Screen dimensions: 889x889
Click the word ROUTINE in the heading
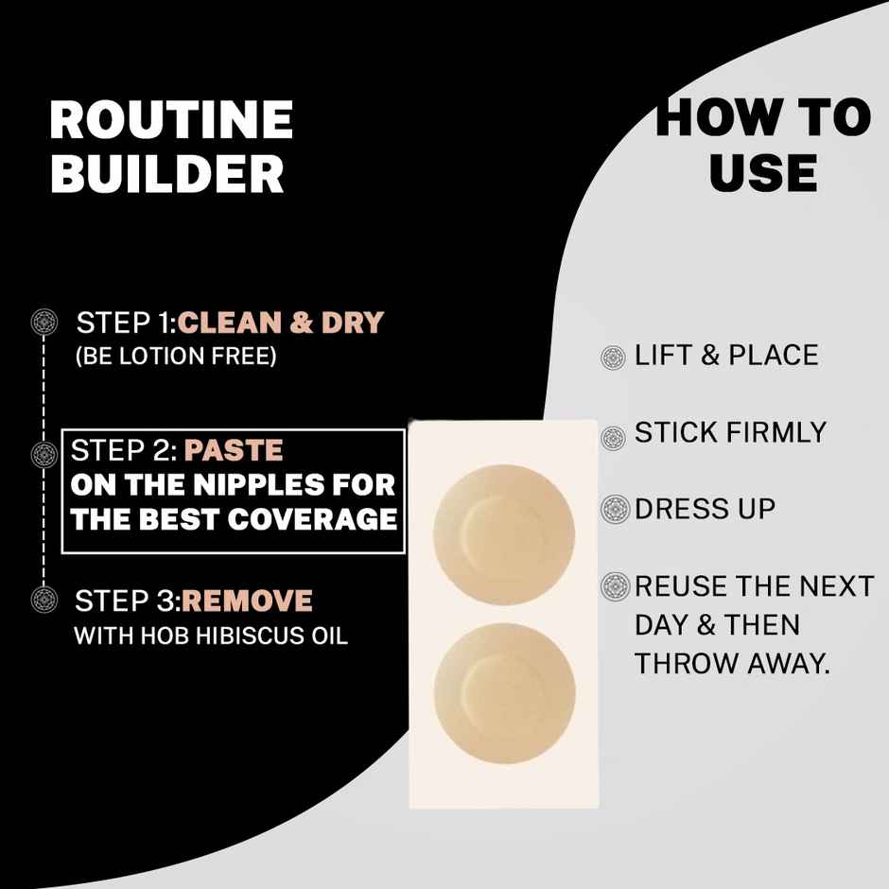tap(171, 121)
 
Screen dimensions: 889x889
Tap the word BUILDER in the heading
tap(166, 173)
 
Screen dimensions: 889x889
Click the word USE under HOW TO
tap(762, 173)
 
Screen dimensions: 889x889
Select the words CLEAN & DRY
tap(281, 322)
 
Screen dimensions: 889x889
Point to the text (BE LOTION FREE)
tap(175, 357)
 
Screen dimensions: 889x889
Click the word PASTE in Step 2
tap(234, 449)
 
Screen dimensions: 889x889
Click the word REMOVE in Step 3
tap(247, 601)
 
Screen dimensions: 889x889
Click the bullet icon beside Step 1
tap(44, 322)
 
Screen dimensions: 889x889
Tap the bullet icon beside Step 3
tap(44, 599)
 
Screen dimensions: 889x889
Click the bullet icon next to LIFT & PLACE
tap(614, 357)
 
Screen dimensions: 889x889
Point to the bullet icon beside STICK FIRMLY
tap(614, 436)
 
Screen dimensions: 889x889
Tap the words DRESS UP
tap(705, 509)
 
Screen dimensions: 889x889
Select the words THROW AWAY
tap(732, 664)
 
